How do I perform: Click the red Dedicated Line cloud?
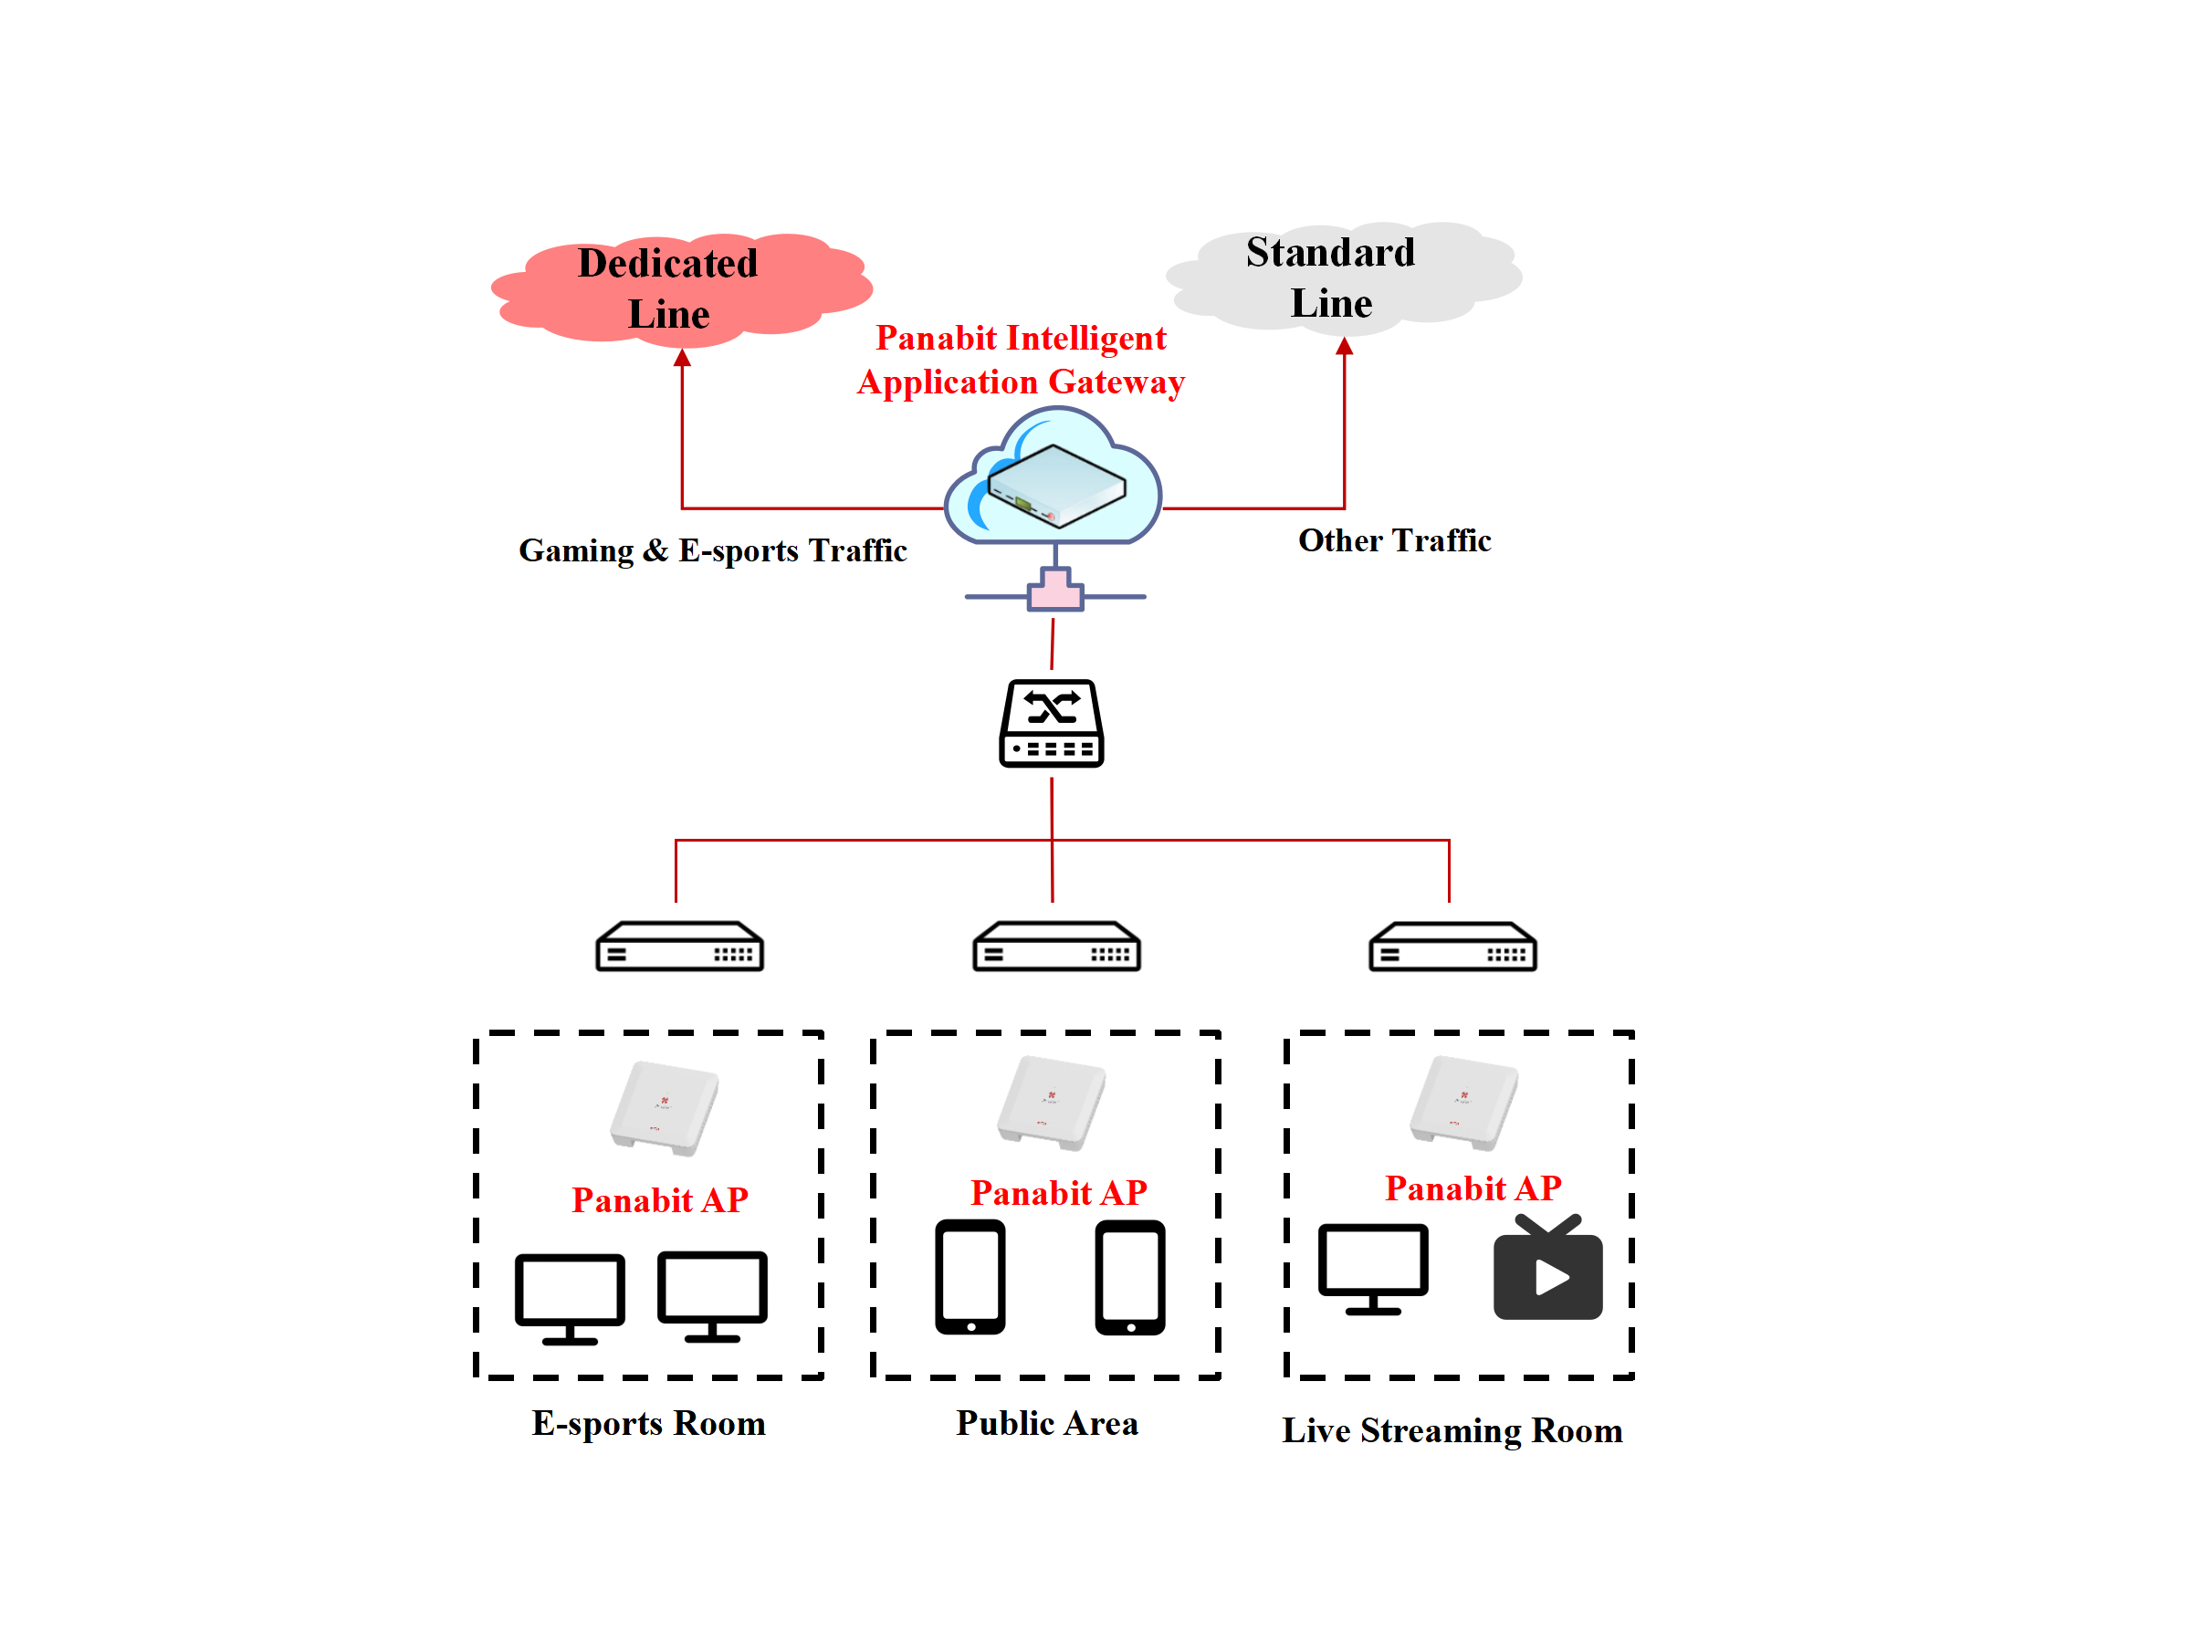click(x=681, y=289)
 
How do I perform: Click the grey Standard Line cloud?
click(x=1343, y=277)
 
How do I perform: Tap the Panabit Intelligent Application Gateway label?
click(x=1021, y=360)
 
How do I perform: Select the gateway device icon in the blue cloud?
click(x=1056, y=486)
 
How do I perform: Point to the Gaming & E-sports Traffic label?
click(x=712, y=550)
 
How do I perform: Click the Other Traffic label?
click(x=1394, y=540)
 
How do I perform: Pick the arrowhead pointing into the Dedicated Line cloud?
click(x=683, y=359)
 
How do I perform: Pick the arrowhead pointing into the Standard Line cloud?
click(x=1344, y=347)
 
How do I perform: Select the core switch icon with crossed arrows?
click(x=1052, y=723)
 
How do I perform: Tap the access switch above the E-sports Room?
click(x=679, y=947)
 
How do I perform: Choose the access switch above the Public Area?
click(x=1056, y=947)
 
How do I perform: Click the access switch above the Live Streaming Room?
click(x=1452, y=947)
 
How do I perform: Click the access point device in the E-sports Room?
click(x=665, y=1108)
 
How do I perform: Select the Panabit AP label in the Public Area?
click(x=1058, y=1192)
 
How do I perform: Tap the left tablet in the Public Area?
click(x=970, y=1278)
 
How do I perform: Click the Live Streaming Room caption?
click(x=1452, y=1431)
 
